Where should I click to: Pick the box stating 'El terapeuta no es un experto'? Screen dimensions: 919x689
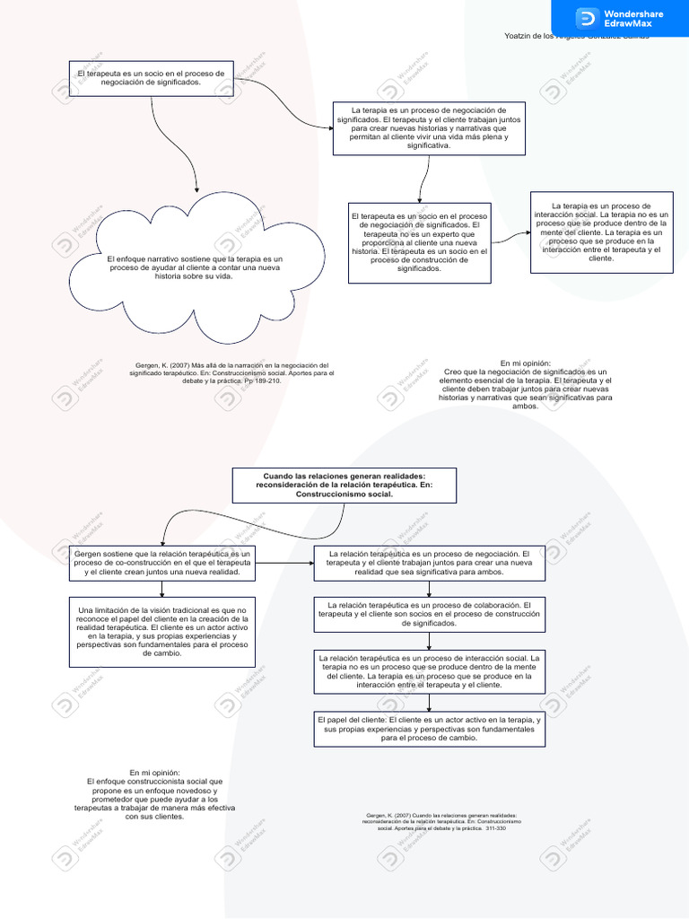pyautogui.click(x=420, y=242)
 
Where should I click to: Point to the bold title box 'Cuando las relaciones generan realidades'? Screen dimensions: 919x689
pyautogui.click(x=344, y=486)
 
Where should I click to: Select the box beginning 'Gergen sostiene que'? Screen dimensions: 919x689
pyautogui.click(x=162, y=563)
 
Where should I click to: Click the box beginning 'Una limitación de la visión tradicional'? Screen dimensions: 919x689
pyautogui.click(x=162, y=632)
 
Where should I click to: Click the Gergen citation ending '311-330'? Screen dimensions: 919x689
pyautogui.click(x=441, y=821)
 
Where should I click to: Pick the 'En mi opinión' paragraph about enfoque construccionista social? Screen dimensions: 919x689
pyautogui.click(x=154, y=794)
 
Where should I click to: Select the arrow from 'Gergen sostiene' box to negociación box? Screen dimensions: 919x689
pyautogui.click(x=283, y=563)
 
